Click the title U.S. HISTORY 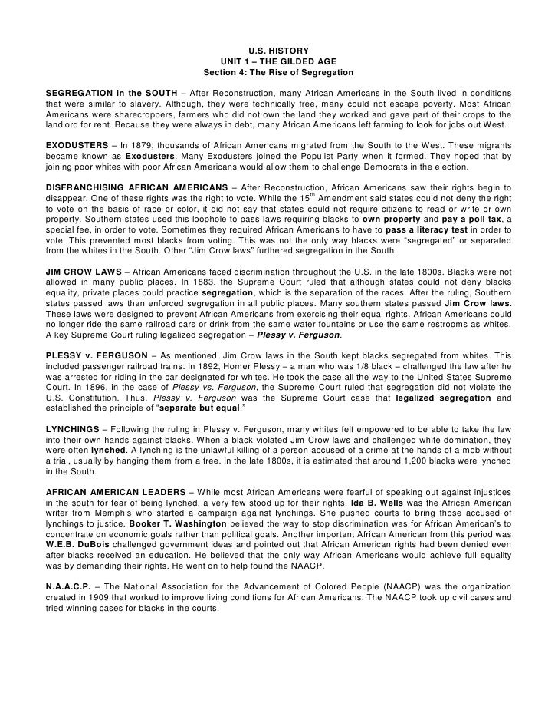(x=278, y=50)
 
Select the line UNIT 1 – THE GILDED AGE (x=278, y=61)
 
